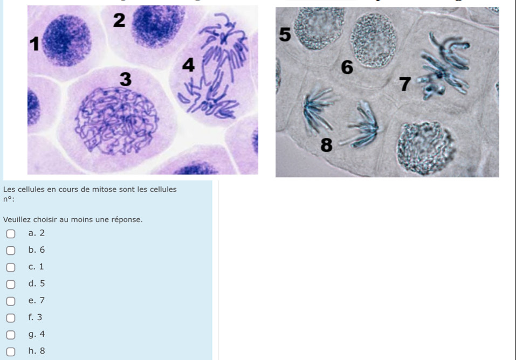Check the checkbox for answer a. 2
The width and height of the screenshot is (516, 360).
11,234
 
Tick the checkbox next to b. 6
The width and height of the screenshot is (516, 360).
11,251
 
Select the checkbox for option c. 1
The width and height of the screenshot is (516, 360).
11,267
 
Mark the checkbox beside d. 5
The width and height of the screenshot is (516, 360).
11,284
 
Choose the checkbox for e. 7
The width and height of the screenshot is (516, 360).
11,301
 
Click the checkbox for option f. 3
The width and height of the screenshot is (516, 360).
11,318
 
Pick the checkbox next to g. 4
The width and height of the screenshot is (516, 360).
11,335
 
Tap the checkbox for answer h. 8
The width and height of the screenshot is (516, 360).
11,351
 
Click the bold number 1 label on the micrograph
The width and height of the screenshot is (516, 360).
35,44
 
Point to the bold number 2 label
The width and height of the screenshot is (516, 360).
119,20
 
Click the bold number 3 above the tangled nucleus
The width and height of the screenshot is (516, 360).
126,79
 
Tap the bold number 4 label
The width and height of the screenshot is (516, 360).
188,65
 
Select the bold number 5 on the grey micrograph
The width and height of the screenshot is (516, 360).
285,34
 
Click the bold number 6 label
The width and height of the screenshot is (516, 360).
347,67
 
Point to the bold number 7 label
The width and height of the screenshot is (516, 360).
405,84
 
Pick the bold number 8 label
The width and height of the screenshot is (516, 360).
326,145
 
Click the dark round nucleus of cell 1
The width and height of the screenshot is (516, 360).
67,40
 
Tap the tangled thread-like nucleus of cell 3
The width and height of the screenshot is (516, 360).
117,121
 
